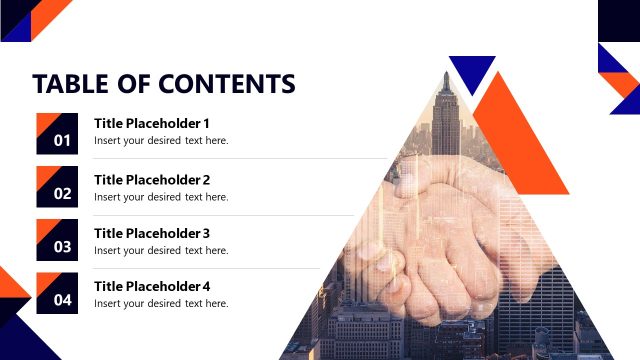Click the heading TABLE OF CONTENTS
[164, 83]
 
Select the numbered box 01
[57, 133]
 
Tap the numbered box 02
[57, 186]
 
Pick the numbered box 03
[57, 239]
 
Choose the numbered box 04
[57, 292]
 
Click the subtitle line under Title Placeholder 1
[161, 141]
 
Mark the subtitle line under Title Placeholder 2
[161, 197]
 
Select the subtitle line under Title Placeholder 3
[161, 250]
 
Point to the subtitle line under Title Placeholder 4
[161, 303]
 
